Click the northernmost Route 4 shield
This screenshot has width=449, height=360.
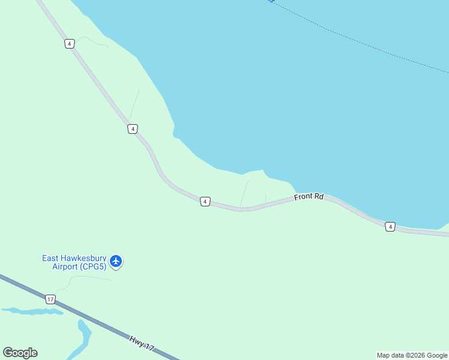point(70,44)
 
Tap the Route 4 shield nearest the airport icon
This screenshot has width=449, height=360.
point(205,202)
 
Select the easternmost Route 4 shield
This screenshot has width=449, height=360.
point(390,226)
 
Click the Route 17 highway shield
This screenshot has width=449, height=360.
point(50,298)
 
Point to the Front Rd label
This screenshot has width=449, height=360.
point(309,197)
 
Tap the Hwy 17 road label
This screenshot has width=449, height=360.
point(142,343)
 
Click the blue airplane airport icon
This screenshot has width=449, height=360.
point(116,262)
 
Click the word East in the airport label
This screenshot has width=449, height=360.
point(50,258)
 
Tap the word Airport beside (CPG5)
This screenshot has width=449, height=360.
point(64,266)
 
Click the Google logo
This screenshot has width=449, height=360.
point(20,353)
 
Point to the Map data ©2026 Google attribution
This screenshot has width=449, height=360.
point(412,355)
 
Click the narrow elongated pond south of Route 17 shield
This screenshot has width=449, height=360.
point(33,311)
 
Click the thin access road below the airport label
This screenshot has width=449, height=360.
point(84,277)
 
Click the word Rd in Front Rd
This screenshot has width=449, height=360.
point(318,196)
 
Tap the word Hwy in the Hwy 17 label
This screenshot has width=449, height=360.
point(136,339)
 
